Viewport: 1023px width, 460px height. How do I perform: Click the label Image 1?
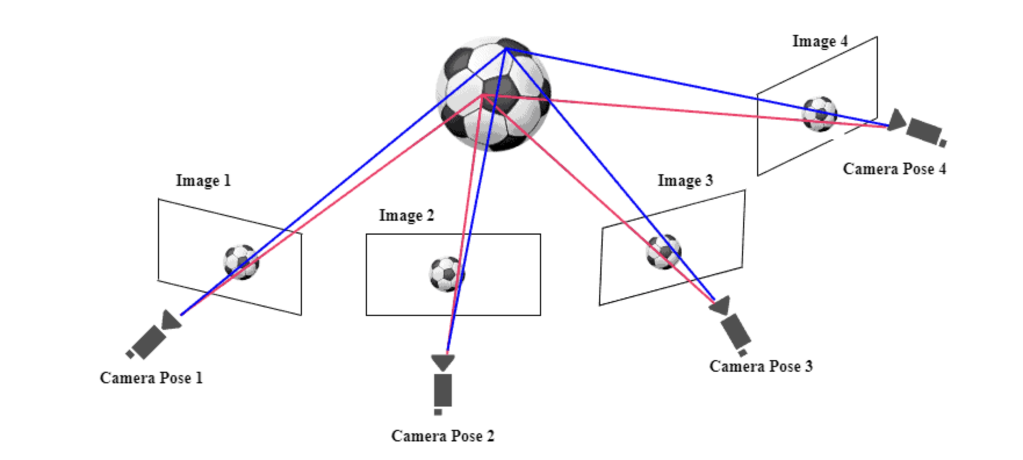(x=203, y=181)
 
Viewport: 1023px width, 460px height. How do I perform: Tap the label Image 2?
(x=406, y=215)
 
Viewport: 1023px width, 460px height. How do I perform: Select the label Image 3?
(x=685, y=181)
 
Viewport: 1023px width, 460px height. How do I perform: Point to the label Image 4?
(x=820, y=41)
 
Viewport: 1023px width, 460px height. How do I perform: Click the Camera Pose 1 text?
(x=151, y=378)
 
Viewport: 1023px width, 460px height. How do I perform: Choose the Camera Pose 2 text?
(x=442, y=436)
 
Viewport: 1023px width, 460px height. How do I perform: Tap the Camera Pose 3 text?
(x=761, y=366)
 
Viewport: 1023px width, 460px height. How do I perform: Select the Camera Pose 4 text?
(x=894, y=169)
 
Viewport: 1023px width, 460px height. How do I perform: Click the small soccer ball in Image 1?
(x=242, y=261)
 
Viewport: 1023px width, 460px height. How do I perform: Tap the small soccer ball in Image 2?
(x=446, y=274)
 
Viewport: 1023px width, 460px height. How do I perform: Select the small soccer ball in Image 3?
(x=664, y=251)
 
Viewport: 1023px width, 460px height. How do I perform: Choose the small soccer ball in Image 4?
(x=820, y=114)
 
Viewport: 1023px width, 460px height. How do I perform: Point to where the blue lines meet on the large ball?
(x=507, y=49)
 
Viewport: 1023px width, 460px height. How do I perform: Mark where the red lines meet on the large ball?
(x=483, y=95)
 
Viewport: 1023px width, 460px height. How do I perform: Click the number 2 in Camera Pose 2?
(x=491, y=436)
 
